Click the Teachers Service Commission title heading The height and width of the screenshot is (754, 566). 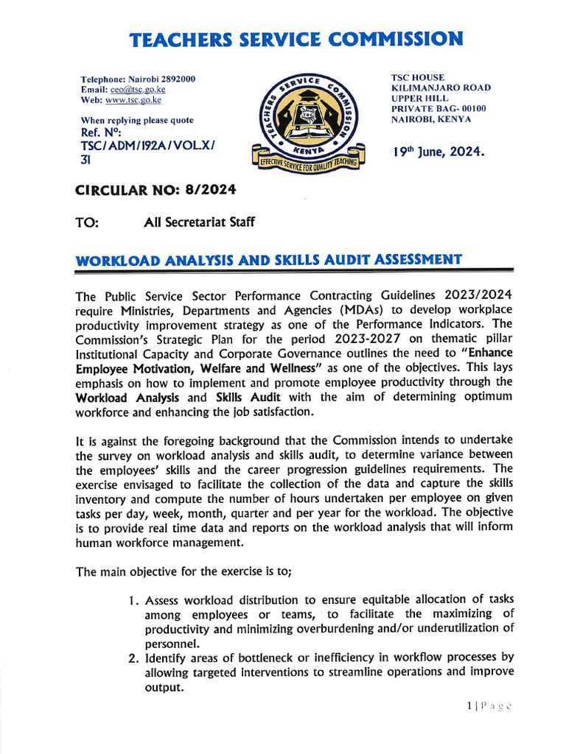pos(297,39)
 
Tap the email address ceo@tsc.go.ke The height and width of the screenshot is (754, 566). pos(140,89)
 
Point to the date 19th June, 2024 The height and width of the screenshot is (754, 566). pos(439,152)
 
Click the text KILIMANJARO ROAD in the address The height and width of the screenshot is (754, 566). pos(441,88)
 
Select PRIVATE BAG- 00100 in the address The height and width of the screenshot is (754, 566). pos(439,108)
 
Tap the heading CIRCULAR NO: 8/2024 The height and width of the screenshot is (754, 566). pos(156,190)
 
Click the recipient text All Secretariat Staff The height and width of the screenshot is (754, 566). pos(200,222)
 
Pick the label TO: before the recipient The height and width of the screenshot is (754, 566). pos(88,222)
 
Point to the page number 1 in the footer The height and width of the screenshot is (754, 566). pos(469,706)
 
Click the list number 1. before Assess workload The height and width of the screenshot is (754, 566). pos(133,600)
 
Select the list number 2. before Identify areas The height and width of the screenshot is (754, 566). pos(133,657)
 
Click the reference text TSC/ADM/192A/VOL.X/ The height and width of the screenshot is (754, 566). pos(147,146)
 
